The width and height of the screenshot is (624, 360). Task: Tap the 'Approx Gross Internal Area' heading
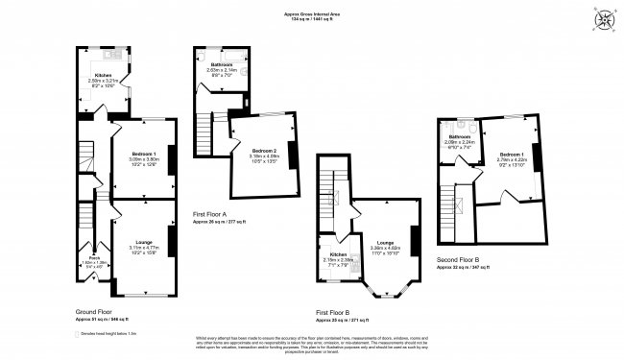coord(311,13)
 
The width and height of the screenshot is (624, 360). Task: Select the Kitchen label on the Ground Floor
coord(102,74)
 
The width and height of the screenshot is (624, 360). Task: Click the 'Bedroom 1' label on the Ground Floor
coord(142,154)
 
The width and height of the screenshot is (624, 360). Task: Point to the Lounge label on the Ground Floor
coord(140,246)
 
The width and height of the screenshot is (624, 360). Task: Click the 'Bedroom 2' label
coord(264,151)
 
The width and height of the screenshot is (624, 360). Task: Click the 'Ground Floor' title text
coord(94,312)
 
